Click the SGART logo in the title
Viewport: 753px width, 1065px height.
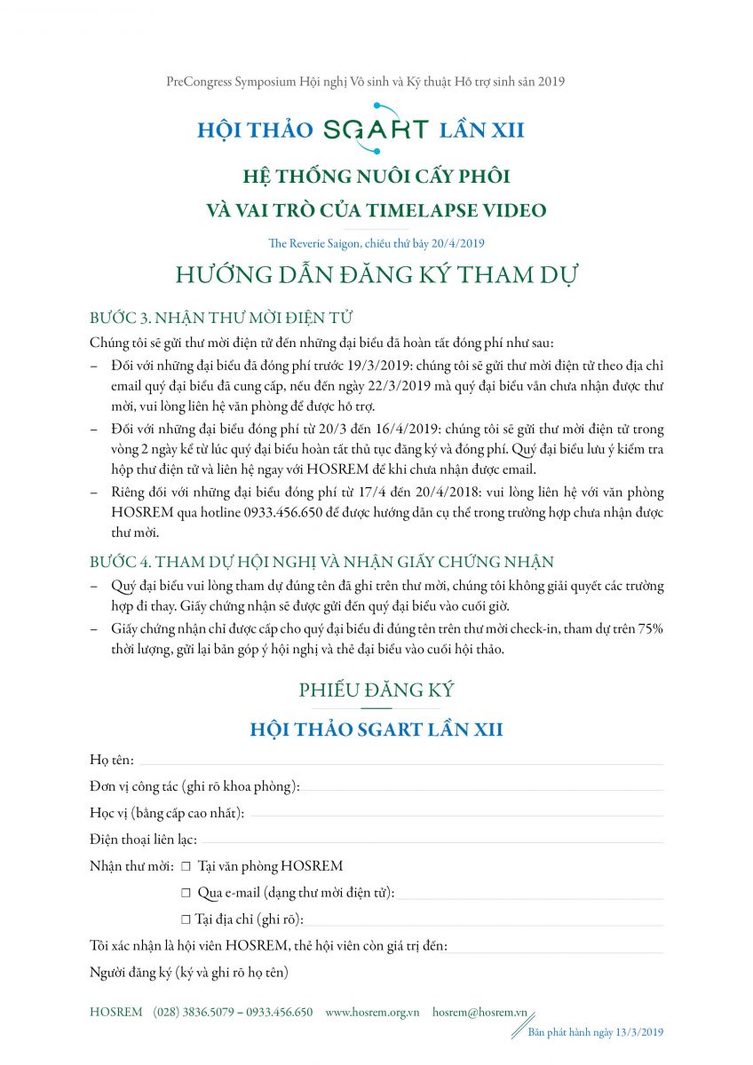[376, 129]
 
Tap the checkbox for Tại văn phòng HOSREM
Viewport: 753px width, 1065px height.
[186, 866]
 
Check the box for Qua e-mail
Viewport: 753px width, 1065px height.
[186, 893]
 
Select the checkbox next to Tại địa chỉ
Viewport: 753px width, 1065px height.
[186, 919]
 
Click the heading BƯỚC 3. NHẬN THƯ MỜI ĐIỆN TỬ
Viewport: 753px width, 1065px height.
[223, 319]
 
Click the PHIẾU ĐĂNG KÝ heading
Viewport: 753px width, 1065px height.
[376, 690]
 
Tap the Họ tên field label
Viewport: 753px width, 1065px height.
[112, 760]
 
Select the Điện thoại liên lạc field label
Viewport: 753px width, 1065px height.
[143, 840]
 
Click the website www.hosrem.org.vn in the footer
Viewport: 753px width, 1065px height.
[372, 1013]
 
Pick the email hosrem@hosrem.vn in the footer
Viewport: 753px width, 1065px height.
[480, 1013]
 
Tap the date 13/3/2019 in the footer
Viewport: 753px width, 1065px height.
[638, 1032]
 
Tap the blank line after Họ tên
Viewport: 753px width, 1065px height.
[400, 761]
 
